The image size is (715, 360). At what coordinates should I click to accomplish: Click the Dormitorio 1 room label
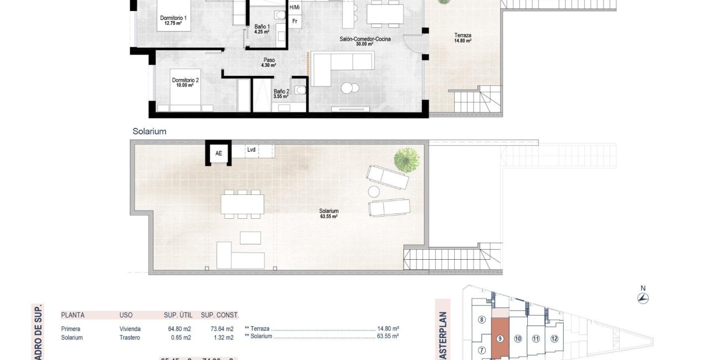[x=173, y=21]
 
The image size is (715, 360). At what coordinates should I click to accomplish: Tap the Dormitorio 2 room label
[x=185, y=83]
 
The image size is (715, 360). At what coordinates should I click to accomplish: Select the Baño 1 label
[x=262, y=29]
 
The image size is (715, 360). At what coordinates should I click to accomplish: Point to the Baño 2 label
[x=281, y=94]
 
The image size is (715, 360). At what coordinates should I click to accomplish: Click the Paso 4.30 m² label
[x=269, y=63]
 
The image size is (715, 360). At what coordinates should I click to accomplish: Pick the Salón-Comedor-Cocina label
[x=366, y=42]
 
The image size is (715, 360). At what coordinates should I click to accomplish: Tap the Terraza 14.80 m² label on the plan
[x=462, y=38]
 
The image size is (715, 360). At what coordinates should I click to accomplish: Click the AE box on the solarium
[x=219, y=153]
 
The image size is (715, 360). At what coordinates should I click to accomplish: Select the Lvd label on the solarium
[x=251, y=150]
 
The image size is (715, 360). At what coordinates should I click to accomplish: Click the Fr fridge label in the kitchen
[x=295, y=22]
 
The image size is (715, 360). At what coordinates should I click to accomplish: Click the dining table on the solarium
[x=243, y=204]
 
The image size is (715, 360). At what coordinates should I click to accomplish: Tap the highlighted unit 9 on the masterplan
[x=500, y=339]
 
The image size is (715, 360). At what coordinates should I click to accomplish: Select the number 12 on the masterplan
[x=554, y=339]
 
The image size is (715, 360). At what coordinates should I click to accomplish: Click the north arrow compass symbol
[x=643, y=298]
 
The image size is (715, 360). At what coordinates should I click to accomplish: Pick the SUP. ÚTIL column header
[x=178, y=315]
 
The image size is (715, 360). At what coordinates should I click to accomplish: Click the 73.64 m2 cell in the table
[x=217, y=328]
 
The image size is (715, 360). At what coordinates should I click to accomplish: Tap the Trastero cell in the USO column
[x=130, y=337]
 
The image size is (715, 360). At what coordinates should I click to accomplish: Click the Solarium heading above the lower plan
[x=150, y=132]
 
